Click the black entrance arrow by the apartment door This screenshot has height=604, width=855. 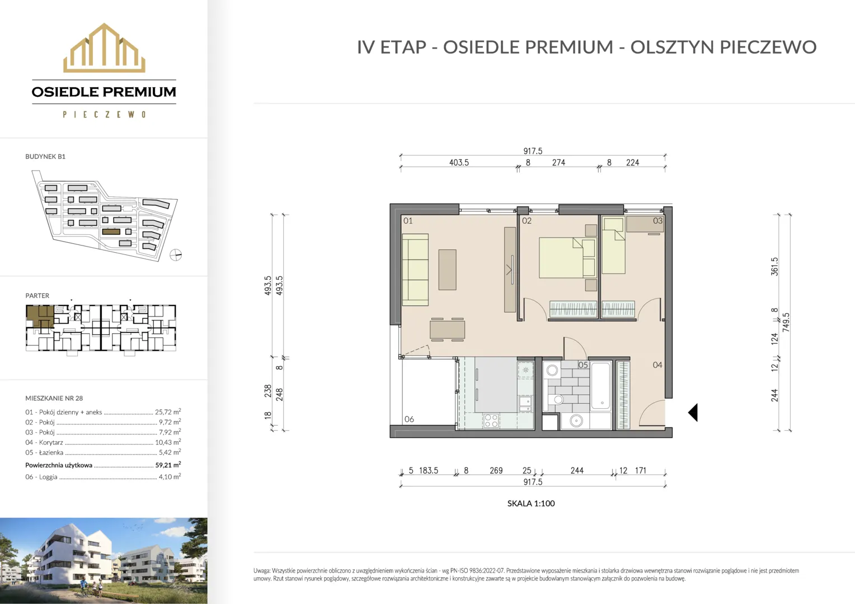(693, 413)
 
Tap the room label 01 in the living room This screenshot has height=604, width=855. (408, 220)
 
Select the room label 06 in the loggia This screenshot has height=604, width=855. (409, 419)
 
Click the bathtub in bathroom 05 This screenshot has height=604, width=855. (600, 386)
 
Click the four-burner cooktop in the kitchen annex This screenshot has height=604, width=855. (491, 421)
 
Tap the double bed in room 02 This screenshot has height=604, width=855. (567, 258)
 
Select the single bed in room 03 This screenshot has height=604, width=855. (613, 246)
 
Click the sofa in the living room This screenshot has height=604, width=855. (415, 270)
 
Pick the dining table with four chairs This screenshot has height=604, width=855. (447, 329)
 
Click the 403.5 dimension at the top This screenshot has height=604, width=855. (459, 163)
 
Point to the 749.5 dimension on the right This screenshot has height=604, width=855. (786, 323)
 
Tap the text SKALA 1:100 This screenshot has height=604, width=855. (531, 503)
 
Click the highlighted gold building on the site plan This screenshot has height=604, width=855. (111, 232)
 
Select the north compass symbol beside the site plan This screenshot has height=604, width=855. (176, 255)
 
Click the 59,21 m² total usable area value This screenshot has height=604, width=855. (168, 465)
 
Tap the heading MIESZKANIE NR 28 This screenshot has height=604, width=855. (54, 398)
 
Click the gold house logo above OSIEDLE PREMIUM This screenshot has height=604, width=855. (104, 48)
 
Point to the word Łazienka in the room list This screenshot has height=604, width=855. (51, 452)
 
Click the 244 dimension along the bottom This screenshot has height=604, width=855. (577, 470)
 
